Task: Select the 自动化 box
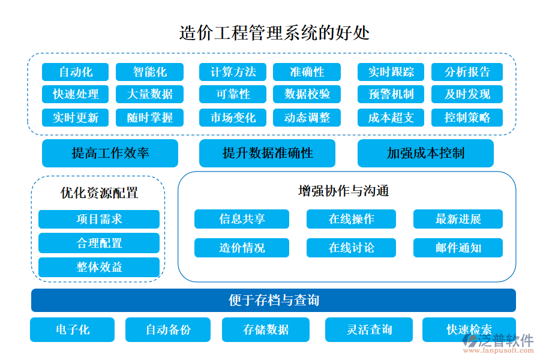tap(76, 72)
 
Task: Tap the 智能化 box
tap(149, 72)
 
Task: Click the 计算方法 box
tap(233, 72)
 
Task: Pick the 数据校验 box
tap(307, 94)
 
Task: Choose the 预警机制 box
tap(391, 94)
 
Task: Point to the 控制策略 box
tap(467, 117)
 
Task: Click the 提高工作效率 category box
tap(110, 153)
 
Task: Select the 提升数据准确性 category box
tap(267, 153)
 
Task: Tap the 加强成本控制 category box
tap(425, 153)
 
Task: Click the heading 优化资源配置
tap(99, 193)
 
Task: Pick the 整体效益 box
tap(99, 267)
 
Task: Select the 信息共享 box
tap(241, 219)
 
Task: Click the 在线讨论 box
tap(351, 247)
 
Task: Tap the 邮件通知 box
tap(458, 247)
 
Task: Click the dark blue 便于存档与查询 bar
tap(273, 300)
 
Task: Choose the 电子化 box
tap(73, 329)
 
